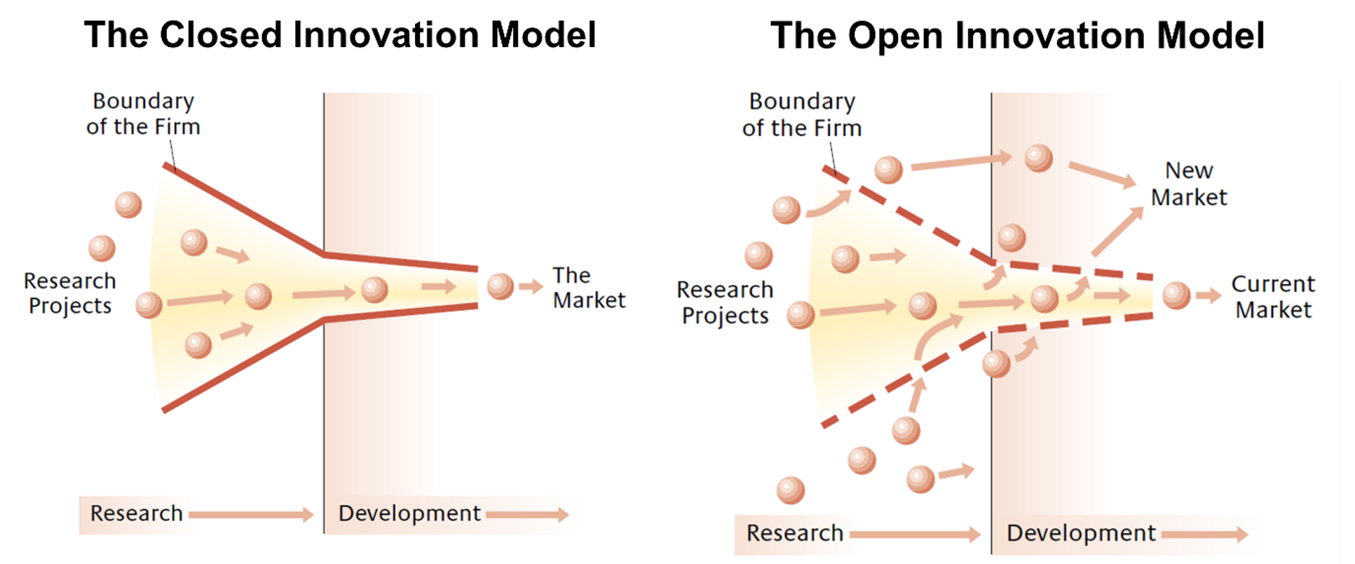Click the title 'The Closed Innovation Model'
point(340,35)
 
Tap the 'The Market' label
point(588,288)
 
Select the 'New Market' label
point(1189,184)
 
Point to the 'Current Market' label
point(1273,297)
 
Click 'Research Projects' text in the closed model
point(69,293)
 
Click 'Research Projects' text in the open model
point(725,302)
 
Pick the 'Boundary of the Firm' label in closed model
point(143,114)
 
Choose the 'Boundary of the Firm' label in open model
point(802,115)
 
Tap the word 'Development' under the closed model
point(409,513)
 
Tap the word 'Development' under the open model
point(1081,533)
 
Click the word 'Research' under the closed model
point(136,513)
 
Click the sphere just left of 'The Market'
point(501,286)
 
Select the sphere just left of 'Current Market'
point(1176,295)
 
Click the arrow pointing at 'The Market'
point(531,286)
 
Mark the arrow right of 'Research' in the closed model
point(251,514)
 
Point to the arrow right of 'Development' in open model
point(1204,535)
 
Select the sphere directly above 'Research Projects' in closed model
point(102,248)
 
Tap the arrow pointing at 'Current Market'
point(1208,295)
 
